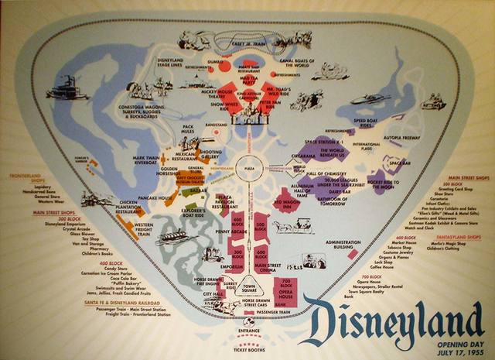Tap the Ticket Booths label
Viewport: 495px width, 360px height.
point(248,348)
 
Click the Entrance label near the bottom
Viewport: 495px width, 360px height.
point(248,331)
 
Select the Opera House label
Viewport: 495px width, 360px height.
point(285,297)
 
